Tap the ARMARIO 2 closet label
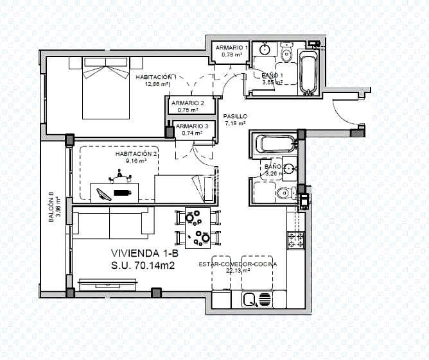tap(188, 103)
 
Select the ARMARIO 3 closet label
tap(191, 126)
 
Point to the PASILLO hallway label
tap(235, 117)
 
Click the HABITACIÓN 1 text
tap(156, 77)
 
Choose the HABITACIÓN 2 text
tap(136, 154)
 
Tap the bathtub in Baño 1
tap(308, 73)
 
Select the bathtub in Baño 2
tap(275, 143)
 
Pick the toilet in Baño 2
tap(283, 193)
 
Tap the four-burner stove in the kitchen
tap(295, 241)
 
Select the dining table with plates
tap(198, 228)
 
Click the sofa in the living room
tap(113, 222)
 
